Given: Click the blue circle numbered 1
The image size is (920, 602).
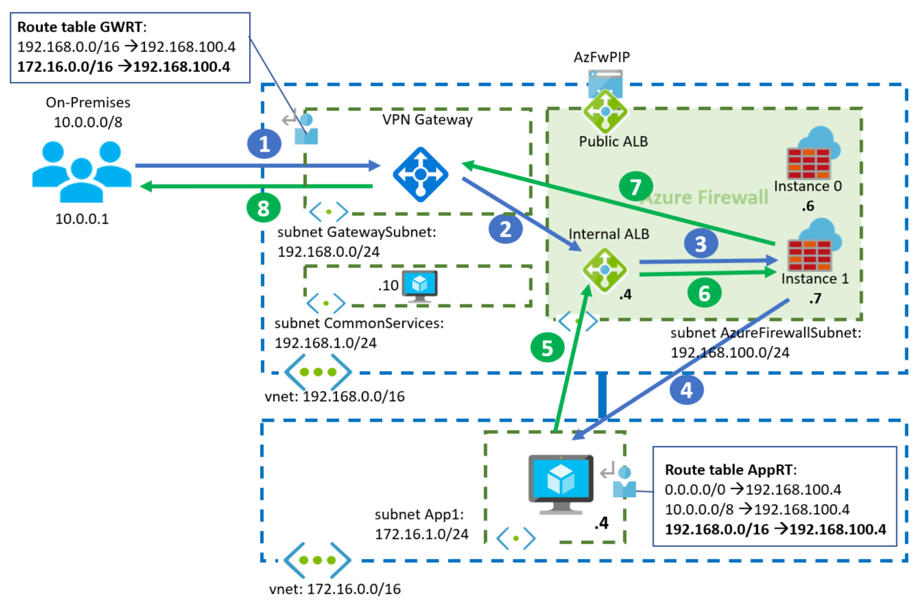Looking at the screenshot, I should click(264, 144).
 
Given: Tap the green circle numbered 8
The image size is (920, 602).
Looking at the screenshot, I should click(263, 208).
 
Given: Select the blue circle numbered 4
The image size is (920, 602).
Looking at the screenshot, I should click(686, 390).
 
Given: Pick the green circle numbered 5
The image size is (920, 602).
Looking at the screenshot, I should click(547, 348).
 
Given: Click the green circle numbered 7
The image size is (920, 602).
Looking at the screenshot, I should click(636, 187).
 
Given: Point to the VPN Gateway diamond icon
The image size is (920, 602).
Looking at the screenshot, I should click(420, 175).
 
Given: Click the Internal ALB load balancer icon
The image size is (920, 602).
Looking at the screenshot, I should click(604, 270).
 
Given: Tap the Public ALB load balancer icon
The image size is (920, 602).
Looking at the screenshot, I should click(605, 111).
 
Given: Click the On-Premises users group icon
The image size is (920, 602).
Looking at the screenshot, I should click(82, 171).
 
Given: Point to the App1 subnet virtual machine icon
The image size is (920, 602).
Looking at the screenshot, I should click(560, 483).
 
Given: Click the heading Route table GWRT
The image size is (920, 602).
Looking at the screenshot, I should click(82, 27).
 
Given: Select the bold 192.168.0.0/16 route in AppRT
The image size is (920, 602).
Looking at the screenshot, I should click(775, 529).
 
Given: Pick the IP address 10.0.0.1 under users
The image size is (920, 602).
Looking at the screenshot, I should click(82, 219).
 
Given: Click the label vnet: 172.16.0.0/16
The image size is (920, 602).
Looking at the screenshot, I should click(335, 589).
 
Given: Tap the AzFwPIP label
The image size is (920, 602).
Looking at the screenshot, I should click(602, 57).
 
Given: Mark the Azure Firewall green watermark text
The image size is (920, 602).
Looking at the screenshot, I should click(705, 198).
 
